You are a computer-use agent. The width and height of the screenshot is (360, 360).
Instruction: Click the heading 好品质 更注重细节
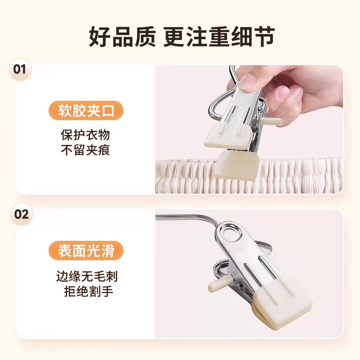pos(181,37)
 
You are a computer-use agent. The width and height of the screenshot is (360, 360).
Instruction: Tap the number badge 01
pos(20,69)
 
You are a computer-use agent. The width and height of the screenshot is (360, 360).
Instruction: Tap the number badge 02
pos(22,214)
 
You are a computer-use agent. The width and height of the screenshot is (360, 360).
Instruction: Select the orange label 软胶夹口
pos(86,111)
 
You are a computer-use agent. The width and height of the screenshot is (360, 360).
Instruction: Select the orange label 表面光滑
pos(86,251)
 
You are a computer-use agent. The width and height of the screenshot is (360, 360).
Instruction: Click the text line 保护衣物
pos(85,135)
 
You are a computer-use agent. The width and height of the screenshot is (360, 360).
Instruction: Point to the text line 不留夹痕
pos(85,150)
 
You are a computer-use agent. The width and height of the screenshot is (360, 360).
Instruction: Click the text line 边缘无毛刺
pos(87,276)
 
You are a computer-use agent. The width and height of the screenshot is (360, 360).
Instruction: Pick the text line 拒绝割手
pos(89,291)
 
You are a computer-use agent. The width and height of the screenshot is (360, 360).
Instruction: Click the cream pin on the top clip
pos(271,121)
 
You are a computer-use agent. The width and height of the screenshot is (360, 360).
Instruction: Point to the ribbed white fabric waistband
pos(249,176)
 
